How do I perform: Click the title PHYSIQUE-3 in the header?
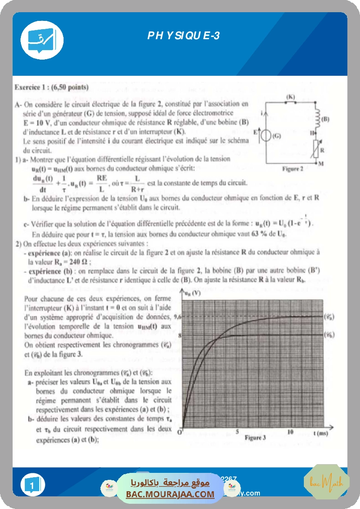point(183,36)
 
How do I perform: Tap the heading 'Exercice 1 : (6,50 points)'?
point(51,87)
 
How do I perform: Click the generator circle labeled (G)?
point(265,135)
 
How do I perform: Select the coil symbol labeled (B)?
point(317,116)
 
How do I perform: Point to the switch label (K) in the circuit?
point(291,96)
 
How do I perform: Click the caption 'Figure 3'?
point(255,438)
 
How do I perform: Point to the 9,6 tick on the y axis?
point(176,317)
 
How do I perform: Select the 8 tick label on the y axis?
point(178,335)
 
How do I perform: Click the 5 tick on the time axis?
point(237,431)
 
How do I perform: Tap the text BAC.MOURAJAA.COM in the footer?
point(170,494)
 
